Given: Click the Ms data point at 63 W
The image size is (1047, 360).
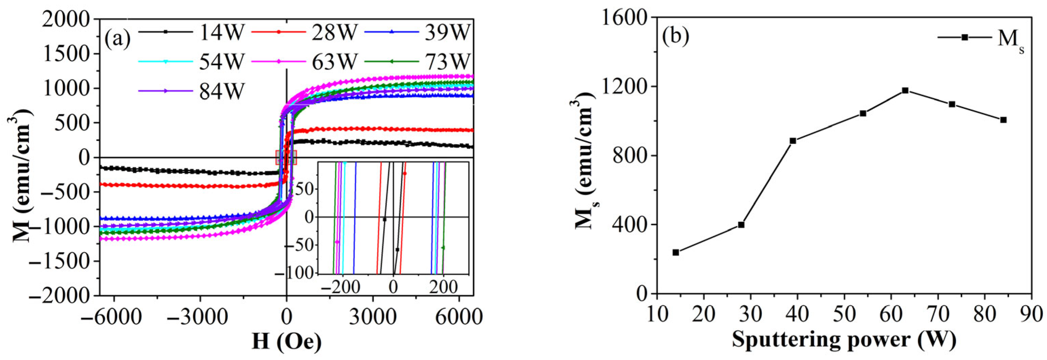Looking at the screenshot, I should point(905,90).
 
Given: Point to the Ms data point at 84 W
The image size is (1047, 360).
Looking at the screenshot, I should point(1004,120).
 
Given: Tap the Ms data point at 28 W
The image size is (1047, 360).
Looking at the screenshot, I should point(741,225).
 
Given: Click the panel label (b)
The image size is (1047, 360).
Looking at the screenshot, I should point(675,36).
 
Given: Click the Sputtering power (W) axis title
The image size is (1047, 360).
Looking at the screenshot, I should point(844,339).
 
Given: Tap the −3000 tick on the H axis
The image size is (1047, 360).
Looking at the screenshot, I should point(199,316).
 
